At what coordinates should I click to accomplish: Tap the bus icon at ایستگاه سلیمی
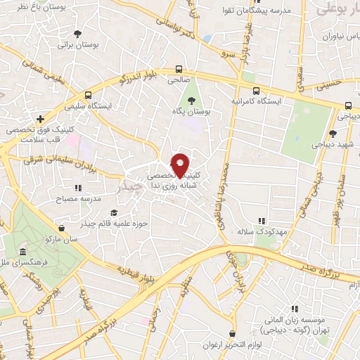88,95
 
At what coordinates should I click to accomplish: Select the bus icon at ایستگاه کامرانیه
256,90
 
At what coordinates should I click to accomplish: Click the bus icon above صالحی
179,70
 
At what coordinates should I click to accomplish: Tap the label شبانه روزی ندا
169,186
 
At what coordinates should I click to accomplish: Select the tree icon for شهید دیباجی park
333,134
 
